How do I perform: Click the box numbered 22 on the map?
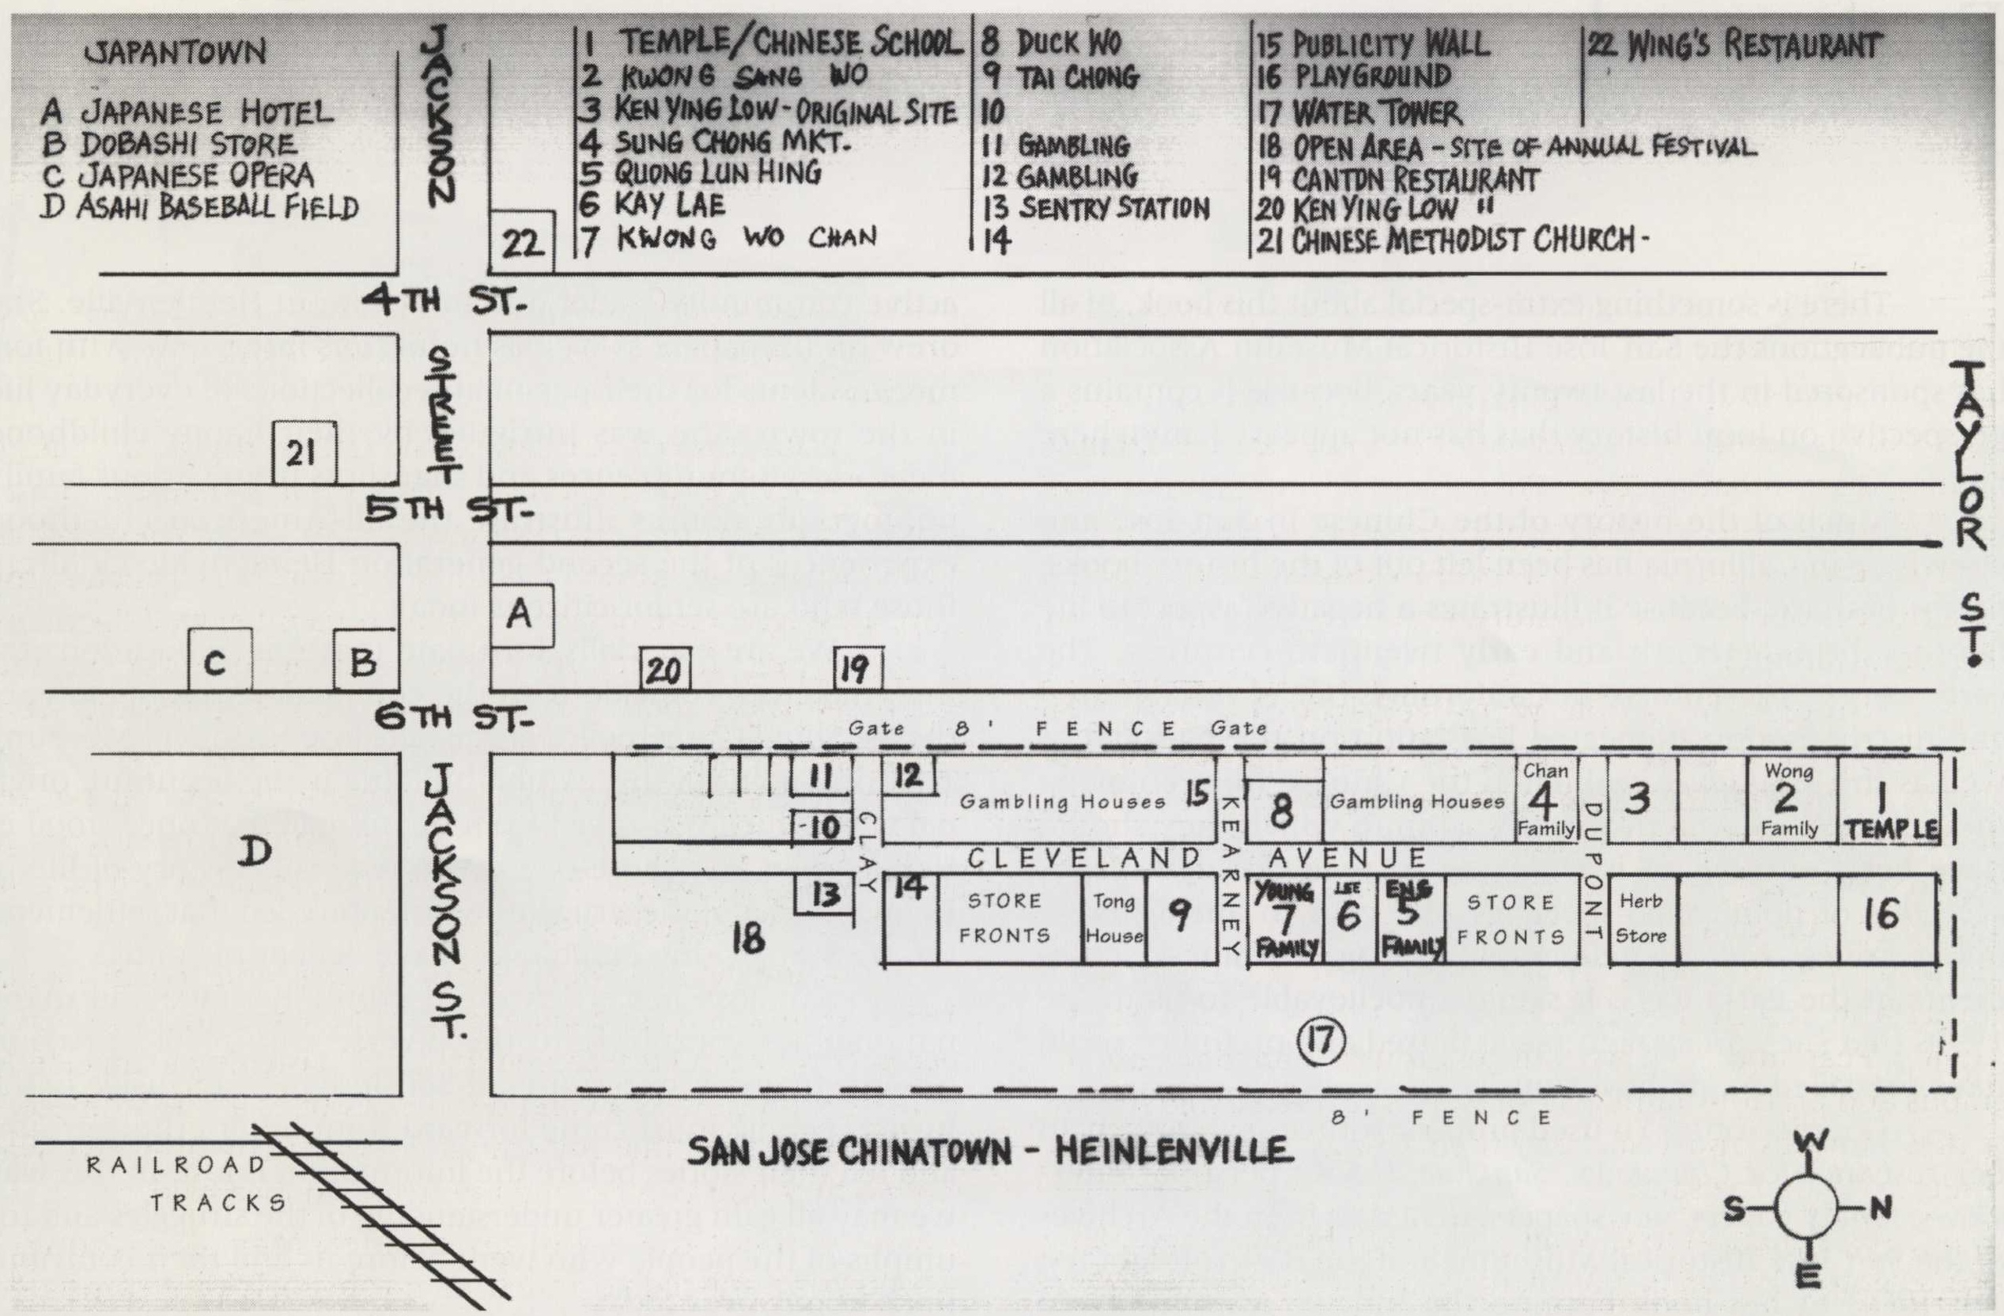pos(522,242)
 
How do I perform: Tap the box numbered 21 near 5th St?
pos(304,453)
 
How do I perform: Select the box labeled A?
pos(521,615)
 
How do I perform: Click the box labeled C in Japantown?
pos(219,660)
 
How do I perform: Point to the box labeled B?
pos(365,660)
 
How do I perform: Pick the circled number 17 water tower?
pos(1320,1041)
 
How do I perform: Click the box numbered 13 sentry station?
pos(824,894)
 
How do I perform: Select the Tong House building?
pos(1114,918)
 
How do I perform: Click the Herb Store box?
pos(1641,918)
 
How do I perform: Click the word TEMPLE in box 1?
pos(1891,830)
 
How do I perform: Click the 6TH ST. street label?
pos(454,719)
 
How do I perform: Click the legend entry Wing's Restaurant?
pos(1734,45)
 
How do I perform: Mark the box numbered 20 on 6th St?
pos(664,669)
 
